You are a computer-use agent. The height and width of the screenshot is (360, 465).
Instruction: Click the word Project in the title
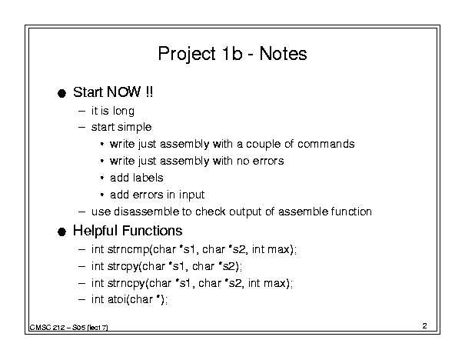click(187, 55)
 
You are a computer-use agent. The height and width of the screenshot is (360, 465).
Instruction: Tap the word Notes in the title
click(283, 54)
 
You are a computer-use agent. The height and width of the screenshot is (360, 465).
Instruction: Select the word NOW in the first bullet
click(124, 92)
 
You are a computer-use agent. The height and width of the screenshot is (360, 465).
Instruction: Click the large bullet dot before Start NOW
click(61, 94)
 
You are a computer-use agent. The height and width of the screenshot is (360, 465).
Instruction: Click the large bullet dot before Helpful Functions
click(61, 232)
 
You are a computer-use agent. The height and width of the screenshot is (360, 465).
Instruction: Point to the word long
click(124, 112)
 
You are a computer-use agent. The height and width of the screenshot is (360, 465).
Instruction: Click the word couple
click(263, 145)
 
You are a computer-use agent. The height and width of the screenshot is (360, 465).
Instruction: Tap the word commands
click(326, 144)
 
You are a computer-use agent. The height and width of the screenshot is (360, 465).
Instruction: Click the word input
click(191, 195)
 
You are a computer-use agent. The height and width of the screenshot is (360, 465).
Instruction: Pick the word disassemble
click(147, 212)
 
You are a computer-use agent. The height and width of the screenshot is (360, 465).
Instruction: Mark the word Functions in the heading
click(152, 231)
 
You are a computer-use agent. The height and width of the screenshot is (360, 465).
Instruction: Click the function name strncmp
click(128, 250)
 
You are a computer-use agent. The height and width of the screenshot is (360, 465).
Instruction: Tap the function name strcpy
click(123, 267)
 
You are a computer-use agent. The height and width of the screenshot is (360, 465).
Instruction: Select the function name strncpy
click(126, 284)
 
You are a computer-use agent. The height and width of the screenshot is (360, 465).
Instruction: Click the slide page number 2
click(425, 326)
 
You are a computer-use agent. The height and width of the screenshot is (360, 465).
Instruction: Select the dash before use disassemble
click(81, 212)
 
